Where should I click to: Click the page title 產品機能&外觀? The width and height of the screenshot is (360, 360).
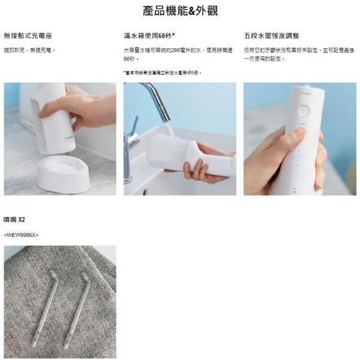click(179, 11)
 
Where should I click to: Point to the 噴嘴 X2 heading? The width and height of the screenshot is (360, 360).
click(14, 219)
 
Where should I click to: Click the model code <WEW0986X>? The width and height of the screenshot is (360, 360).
click(21, 235)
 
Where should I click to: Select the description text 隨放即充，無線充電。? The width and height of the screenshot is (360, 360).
click(29, 50)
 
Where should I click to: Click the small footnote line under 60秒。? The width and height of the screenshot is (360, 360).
click(162, 72)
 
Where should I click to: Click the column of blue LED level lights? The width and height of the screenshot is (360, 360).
click(298, 158)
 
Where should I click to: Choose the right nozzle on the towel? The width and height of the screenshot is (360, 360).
click(77, 305)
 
